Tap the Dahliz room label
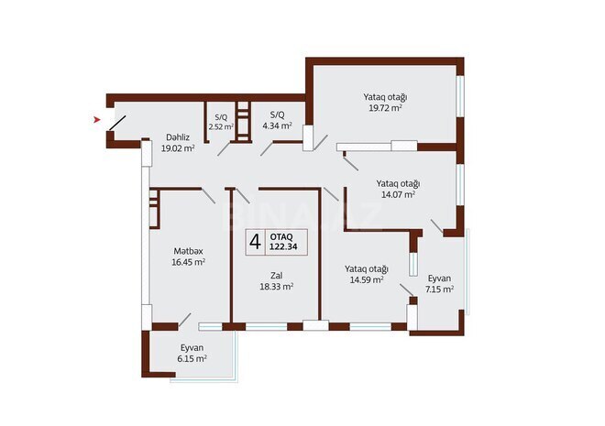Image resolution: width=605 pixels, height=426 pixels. coord(178,137)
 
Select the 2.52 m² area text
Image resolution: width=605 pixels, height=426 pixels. coord(221,126)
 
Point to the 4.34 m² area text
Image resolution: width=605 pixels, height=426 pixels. coord(275,126)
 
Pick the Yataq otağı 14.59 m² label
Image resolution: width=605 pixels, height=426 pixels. coord(367,268)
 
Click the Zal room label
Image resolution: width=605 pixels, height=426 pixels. coord(275,275)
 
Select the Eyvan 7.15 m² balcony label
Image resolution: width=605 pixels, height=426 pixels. coord(440,278)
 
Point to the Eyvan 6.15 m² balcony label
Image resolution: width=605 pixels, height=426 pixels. coord(192,347)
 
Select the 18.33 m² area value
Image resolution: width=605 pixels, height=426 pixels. coord(275,287)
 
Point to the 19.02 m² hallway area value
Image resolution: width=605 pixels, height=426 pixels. coord(178,147)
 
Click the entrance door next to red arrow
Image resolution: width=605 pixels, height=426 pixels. coord(117,125)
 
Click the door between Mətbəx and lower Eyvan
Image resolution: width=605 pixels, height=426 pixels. coord(186,321)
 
